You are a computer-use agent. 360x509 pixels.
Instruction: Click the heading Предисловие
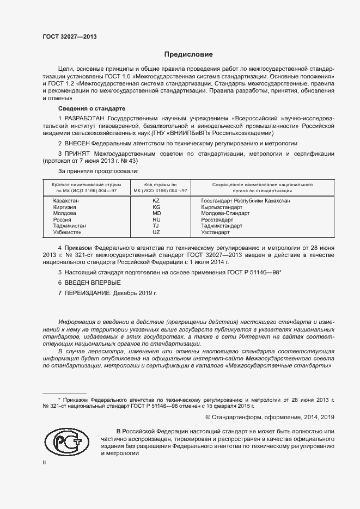[x=188, y=54]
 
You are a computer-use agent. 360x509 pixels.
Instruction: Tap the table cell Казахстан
[x=66, y=201]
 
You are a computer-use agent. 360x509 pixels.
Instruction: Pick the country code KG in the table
[x=156, y=207]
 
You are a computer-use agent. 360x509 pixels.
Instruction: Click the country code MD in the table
[x=156, y=213]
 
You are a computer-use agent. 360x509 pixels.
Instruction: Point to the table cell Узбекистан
[x=68, y=232]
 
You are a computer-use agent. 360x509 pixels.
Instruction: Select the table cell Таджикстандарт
[x=222, y=226]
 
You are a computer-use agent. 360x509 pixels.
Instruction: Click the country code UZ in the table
[x=156, y=232]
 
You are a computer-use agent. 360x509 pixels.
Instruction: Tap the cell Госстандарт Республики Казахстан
[x=246, y=201]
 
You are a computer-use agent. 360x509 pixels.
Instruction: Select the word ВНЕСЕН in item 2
[x=78, y=143]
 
